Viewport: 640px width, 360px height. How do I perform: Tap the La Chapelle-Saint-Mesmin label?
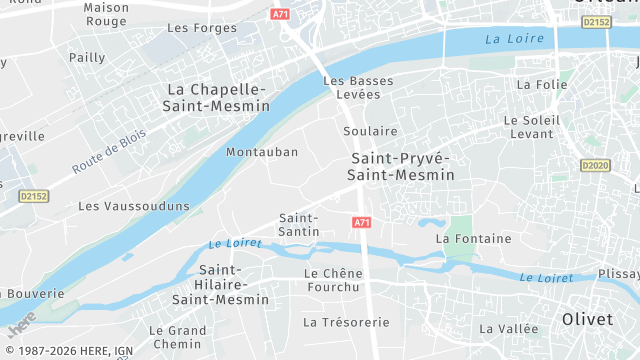click(219, 97)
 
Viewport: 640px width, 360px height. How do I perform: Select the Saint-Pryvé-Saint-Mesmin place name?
click(400, 167)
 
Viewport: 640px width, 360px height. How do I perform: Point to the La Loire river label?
click(514, 39)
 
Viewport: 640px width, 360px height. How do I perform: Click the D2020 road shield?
click(594, 165)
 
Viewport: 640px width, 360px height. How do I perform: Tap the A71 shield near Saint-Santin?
click(362, 222)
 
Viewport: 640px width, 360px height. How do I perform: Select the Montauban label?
click(262, 152)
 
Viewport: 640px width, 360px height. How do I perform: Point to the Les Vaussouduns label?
click(134, 206)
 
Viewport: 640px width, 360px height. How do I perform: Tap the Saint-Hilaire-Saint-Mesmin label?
click(220, 284)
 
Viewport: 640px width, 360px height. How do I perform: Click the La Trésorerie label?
click(346, 322)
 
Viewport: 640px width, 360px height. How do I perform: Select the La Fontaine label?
click(473, 238)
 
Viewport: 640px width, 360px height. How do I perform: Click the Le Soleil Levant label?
click(530, 126)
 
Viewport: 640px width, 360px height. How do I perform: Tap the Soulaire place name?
click(370, 131)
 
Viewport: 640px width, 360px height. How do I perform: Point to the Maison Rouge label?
click(105, 14)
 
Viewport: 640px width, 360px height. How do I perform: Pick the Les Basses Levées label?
click(359, 87)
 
